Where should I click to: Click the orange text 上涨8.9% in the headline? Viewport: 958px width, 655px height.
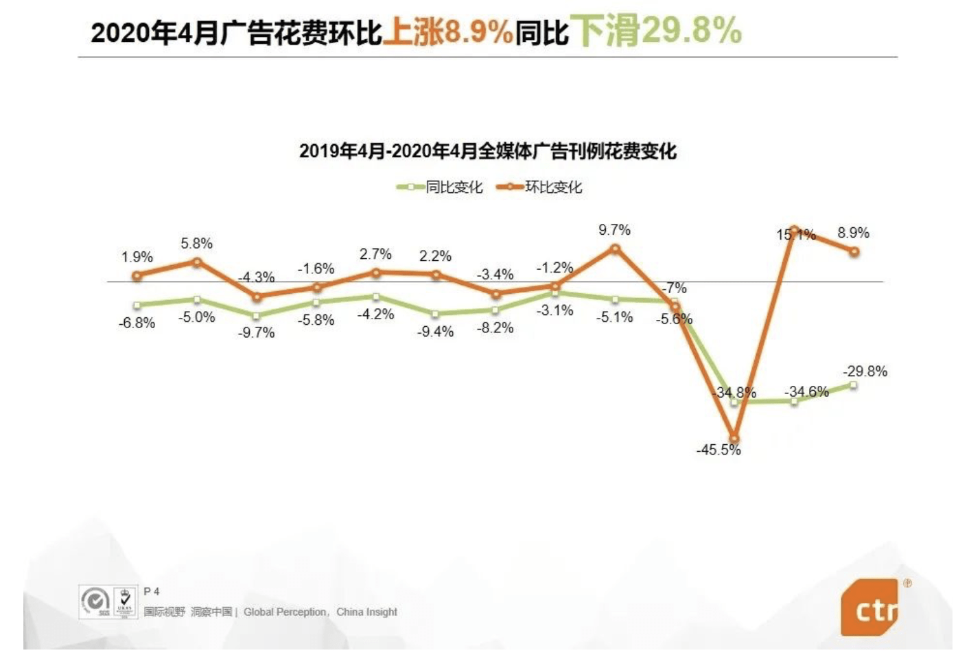pyautogui.click(x=447, y=32)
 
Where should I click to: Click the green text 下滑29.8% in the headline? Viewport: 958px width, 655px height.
pyautogui.click(x=657, y=31)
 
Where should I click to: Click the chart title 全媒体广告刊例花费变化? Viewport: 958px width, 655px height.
pyautogui.click(x=488, y=151)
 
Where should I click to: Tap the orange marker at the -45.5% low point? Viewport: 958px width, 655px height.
pyautogui.click(x=734, y=437)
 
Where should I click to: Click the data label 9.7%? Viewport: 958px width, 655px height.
pyautogui.click(x=614, y=229)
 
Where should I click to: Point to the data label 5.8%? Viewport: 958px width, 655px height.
pyautogui.click(x=196, y=244)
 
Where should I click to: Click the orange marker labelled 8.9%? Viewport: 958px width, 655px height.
pyautogui.click(x=854, y=252)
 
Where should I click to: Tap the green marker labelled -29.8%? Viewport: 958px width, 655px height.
pyautogui.click(x=853, y=385)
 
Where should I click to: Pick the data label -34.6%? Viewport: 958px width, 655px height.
pyautogui.click(x=807, y=391)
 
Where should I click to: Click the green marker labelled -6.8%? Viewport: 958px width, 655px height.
pyautogui.click(x=137, y=305)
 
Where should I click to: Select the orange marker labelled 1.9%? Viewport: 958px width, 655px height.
pyautogui.click(x=137, y=275)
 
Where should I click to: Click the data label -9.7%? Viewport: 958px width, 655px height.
pyautogui.click(x=256, y=332)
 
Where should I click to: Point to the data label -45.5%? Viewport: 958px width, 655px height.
pyautogui.click(x=718, y=450)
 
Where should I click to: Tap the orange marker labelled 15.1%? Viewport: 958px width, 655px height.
pyautogui.click(x=793, y=229)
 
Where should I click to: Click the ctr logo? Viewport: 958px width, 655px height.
pyautogui.click(x=870, y=608)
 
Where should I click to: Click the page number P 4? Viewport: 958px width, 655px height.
pyautogui.click(x=152, y=591)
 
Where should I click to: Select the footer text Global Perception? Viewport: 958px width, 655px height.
pyautogui.click(x=285, y=612)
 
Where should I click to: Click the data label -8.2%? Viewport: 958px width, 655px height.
pyautogui.click(x=495, y=327)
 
